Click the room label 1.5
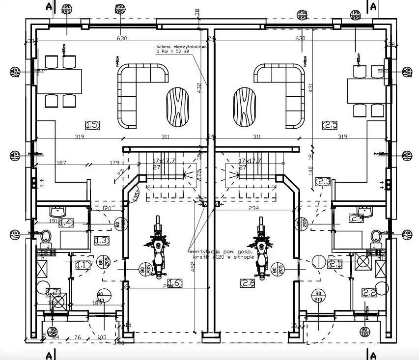tap(92, 125)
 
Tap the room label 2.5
tap(330, 125)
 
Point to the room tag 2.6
tap(248, 282)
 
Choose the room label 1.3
tap(102, 241)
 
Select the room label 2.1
tap(335, 264)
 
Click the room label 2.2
tap(369, 293)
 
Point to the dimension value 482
tap(193, 266)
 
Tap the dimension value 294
tap(254, 209)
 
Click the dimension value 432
tap(199, 87)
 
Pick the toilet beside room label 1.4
tap(47, 238)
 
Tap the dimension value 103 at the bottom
tap(102, 337)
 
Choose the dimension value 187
tap(61, 163)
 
